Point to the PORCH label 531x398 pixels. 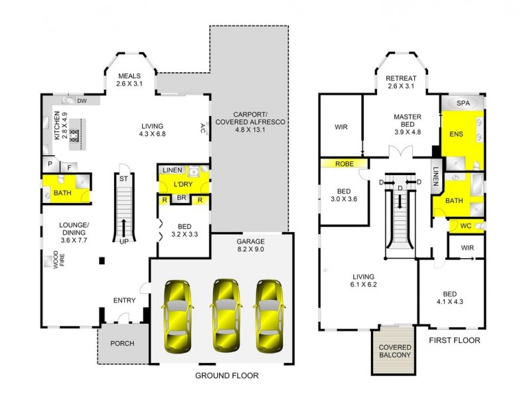122,344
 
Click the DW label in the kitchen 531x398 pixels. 83,101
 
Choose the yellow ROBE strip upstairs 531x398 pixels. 343,163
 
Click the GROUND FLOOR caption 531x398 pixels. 226,375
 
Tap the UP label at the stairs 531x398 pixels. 124,241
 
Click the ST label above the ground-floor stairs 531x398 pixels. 123,178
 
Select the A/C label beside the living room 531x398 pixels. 203,127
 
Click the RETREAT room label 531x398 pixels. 401,78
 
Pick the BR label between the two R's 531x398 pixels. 181,199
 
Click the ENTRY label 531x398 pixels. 124,300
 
